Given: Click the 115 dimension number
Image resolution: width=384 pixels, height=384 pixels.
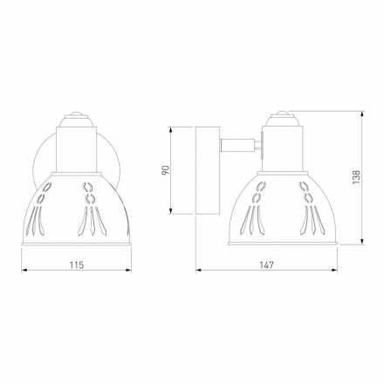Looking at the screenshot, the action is click(x=77, y=265).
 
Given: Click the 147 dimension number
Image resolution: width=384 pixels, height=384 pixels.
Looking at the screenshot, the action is click(x=266, y=265).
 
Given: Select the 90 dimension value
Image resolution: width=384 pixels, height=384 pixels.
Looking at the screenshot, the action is click(x=165, y=170).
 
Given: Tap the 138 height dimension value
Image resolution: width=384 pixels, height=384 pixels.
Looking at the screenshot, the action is click(x=356, y=176).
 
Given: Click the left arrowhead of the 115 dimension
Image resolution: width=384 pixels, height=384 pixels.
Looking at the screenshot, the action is click(x=24, y=270).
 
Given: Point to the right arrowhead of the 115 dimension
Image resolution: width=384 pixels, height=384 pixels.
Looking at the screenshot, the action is click(x=128, y=270).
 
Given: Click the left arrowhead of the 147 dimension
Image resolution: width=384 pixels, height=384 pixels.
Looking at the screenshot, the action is click(x=199, y=270).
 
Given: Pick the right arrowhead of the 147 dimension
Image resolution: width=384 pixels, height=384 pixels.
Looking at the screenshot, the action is click(x=334, y=270).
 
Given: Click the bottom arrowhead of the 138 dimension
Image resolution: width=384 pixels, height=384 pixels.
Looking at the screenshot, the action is click(x=362, y=241).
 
